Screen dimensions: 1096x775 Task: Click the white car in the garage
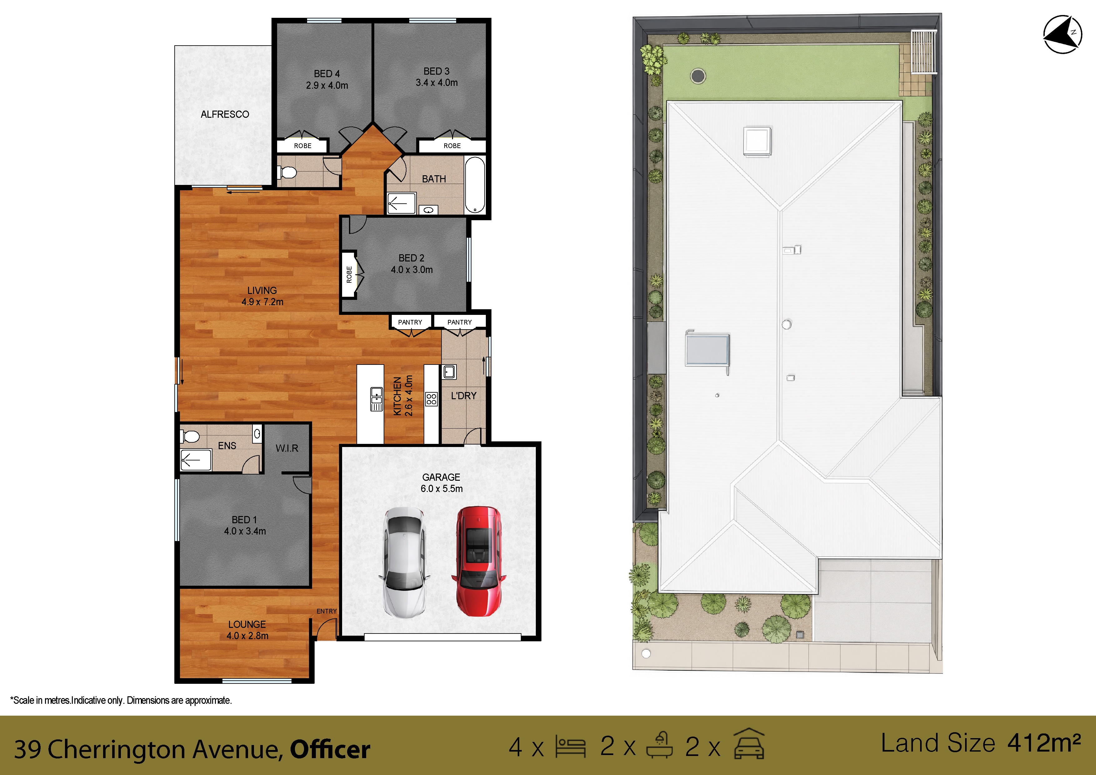coord(404,562)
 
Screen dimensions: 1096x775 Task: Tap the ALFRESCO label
coord(225,114)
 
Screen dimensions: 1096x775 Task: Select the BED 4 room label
coord(327,73)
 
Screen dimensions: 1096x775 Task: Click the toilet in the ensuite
coord(190,436)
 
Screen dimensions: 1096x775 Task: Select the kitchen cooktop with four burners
coord(431,399)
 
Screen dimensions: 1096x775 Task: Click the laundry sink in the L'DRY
coord(449,371)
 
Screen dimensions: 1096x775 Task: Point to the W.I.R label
coord(287,448)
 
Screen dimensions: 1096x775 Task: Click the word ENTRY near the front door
coord(326,611)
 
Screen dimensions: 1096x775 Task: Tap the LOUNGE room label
coord(247,624)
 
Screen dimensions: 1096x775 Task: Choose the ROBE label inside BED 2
coord(349,274)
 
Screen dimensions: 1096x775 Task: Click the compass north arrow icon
coord(1062,34)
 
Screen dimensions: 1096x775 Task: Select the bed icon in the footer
coord(571,746)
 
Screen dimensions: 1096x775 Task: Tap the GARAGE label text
coord(441,477)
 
